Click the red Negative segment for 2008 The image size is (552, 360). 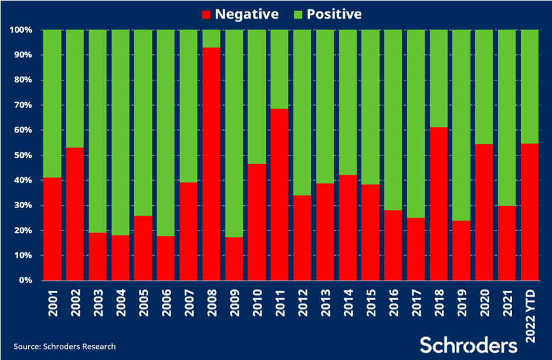tap(211, 164)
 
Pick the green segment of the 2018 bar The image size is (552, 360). tap(439, 79)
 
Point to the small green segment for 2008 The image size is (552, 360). tap(211, 39)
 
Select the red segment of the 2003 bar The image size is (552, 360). tap(97, 257)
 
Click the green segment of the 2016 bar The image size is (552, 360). tap(393, 120)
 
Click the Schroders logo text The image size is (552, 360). tap(468, 345)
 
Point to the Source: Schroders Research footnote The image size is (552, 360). tap(65, 347)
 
